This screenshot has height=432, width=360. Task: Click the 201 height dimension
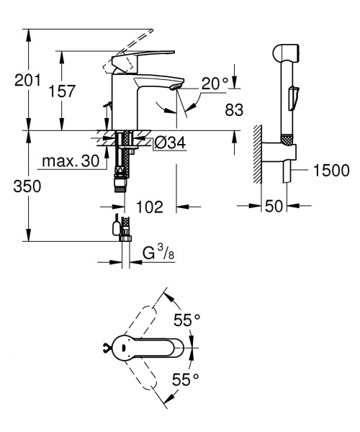tap(27, 80)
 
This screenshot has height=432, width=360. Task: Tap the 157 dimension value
tap(61, 91)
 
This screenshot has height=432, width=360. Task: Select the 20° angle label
tap(215, 84)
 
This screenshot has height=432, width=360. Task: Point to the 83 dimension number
tap(234, 109)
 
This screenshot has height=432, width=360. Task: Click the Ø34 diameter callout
tap(170, 143)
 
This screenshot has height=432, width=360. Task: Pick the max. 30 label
tap(71, 161)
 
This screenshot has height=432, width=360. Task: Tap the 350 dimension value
tap(27, 186)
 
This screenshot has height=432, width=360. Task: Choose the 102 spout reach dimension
tap(150, 207)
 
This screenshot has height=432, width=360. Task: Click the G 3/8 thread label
tap(158, 253)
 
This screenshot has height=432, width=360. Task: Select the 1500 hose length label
tap(331, 170)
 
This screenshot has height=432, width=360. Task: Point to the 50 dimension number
tap(274, 206)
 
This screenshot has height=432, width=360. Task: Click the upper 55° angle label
tap(186, 320)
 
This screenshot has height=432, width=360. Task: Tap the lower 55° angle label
tap(185, 379)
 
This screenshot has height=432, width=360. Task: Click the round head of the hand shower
tap(286, 53)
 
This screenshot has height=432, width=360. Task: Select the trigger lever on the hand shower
tap(293, 97)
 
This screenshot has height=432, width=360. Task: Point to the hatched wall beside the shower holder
tap(258, 154)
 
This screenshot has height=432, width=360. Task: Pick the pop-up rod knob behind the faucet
tap(107, 104)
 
